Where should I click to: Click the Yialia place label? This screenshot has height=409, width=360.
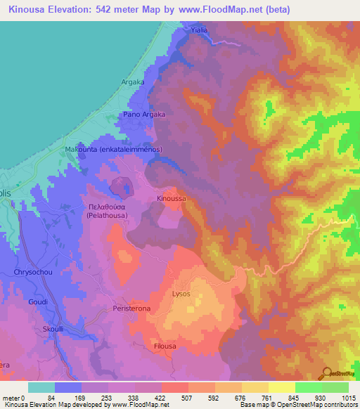201,31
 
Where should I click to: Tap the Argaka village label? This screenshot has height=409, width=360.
132,82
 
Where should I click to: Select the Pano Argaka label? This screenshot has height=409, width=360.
144,114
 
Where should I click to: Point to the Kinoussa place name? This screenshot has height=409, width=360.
172,199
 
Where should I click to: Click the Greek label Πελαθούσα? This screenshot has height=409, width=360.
106,207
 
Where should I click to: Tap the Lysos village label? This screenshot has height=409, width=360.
181,294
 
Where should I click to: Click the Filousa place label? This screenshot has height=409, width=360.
168,346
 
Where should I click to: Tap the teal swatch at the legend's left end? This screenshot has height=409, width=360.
41,387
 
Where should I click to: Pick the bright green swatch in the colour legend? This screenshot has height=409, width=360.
308,387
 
